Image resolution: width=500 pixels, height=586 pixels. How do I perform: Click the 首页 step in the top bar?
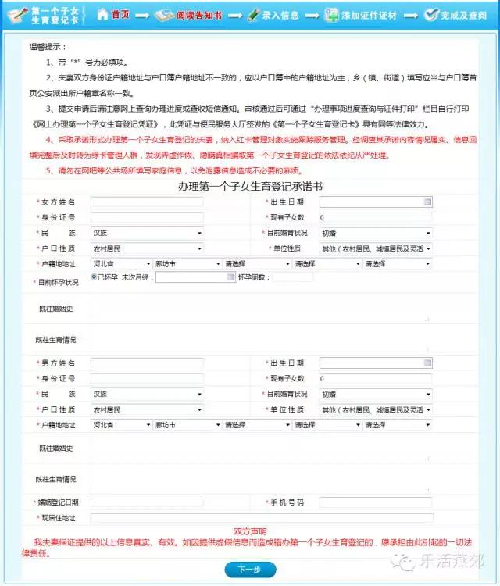[x=120, y=15]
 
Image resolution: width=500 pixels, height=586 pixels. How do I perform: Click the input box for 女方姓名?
[x=147, y=202]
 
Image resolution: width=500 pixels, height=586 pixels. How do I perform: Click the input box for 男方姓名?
[x=147, y=363]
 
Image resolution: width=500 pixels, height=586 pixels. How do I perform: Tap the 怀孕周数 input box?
[x=292, y=277]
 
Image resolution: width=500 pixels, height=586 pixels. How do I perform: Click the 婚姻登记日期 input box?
[x=147, y=502]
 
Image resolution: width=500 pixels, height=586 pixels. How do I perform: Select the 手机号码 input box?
[x=375, y=502]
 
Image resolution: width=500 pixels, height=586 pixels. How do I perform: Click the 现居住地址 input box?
[x=261, y=517]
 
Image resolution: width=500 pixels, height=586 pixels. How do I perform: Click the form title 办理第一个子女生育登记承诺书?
[x=249, y=187]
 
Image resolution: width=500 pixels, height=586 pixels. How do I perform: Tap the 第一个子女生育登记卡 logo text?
[x=59, y=15]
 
